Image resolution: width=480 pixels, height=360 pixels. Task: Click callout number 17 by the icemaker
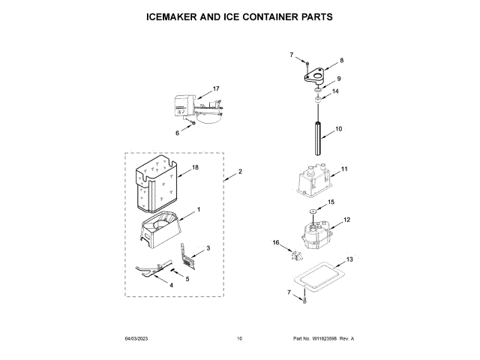tap(216, 89)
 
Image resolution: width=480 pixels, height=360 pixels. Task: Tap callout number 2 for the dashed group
tap(240, 172)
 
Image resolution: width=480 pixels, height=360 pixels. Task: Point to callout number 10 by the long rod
tap(338, 129)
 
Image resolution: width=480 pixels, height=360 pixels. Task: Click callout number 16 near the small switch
tap(275, 242)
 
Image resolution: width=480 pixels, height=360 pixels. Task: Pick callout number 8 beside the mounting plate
tap(341, 60)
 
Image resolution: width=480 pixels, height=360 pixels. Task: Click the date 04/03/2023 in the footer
tap(137, 339)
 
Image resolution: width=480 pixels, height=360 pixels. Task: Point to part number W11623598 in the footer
tap(325, 339)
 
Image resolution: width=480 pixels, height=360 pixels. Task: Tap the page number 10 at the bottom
tap(239, 339)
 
